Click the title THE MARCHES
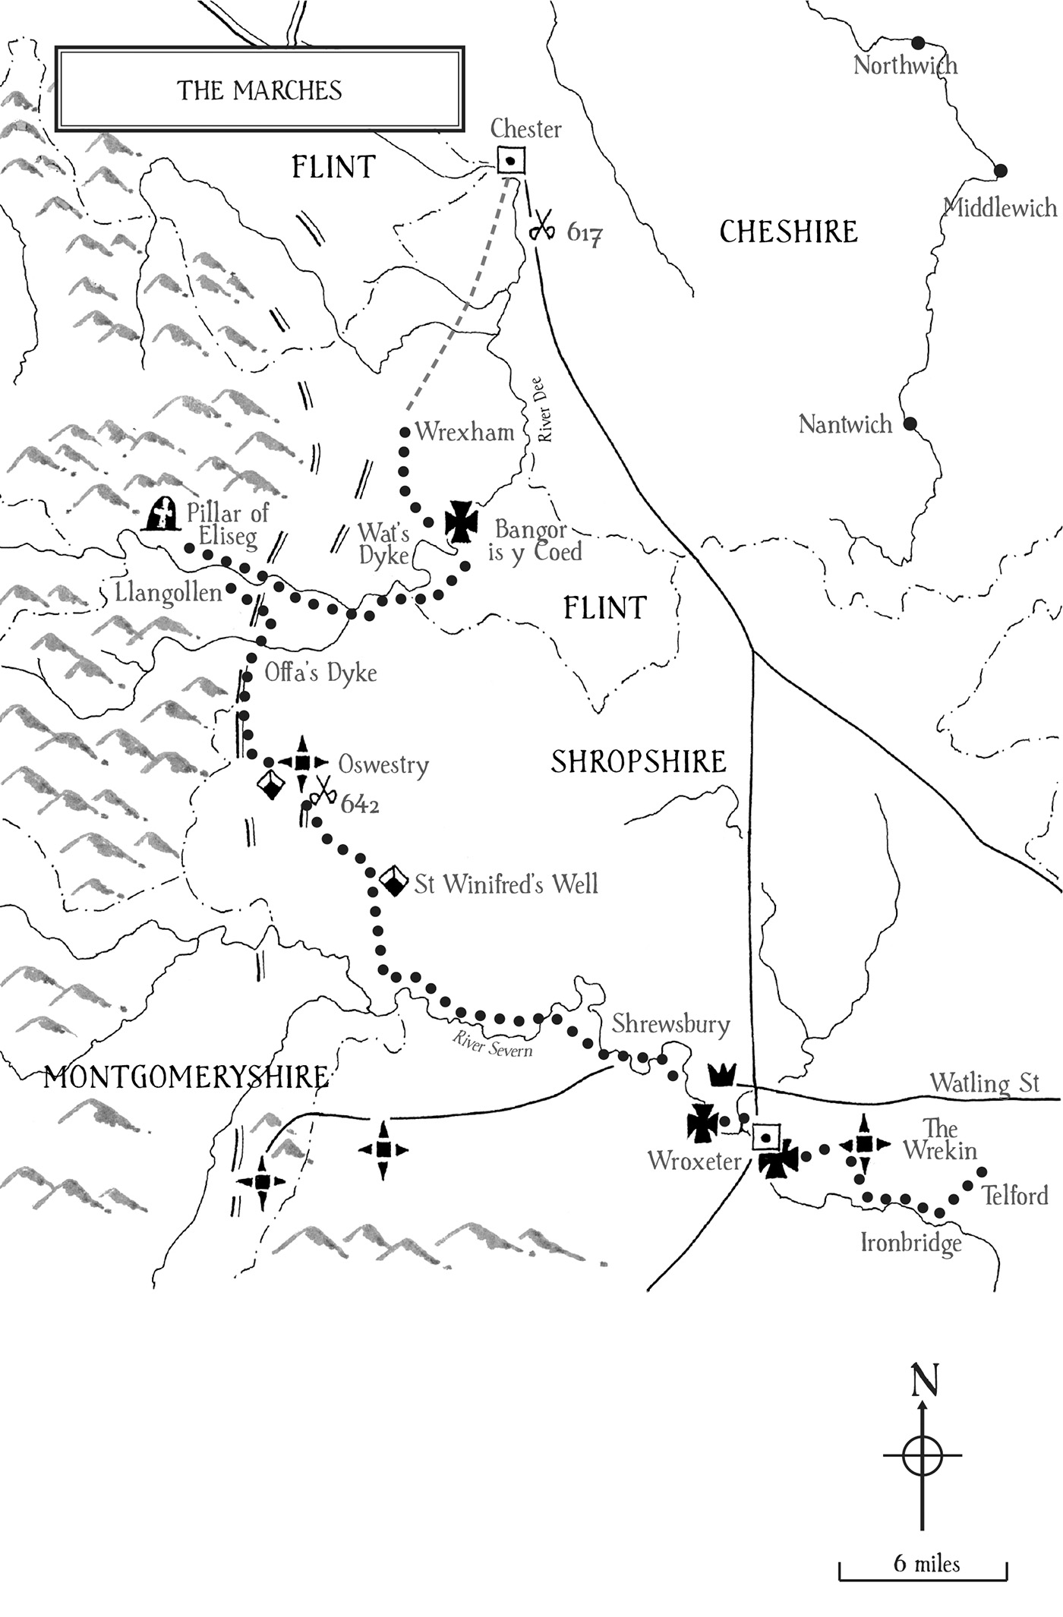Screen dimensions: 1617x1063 pyautogui.click(x=260, y=90)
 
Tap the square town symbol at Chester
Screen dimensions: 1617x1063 pyautogui.click(x=511, y=161)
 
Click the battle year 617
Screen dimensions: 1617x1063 pyautogui.click(x=585, y=233)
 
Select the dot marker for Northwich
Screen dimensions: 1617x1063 pyautogui.click(x=918, y=42)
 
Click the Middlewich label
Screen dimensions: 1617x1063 pyautogui.click(x=1000, y=207)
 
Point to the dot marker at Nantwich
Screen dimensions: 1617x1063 pyautogui.click(x=909, y=423)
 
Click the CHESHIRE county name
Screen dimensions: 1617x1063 pyautogui.click(x=788, y=232)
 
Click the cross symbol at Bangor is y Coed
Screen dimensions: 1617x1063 pyautogui.click(x=461, y=522)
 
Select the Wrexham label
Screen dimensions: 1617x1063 pyautogui.click(x=464, y=432)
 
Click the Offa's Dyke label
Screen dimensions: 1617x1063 pyautogui.click(x=320, y=673)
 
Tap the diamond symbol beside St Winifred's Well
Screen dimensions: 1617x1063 pyautogui.click(x=393, y=881)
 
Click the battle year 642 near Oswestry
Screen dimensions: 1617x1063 pyautogui.click(x=359, y=805)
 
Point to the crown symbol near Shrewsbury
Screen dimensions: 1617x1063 pyautogui.click(x=722, y=1074)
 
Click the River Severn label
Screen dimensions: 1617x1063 pyautogui.click(x=492, y=1045)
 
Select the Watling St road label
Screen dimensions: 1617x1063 pyautogui.click(x=984, y=1083)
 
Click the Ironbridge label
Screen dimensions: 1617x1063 pyautogui.click(x=910, y=1243)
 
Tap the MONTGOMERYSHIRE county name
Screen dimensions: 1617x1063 pyautogui.click(x=186, y=1077)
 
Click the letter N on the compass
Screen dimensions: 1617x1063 pyautogui.click(x=923, y=1380)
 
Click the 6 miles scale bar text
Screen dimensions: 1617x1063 pyautogui.click(x=926, y=1564)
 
